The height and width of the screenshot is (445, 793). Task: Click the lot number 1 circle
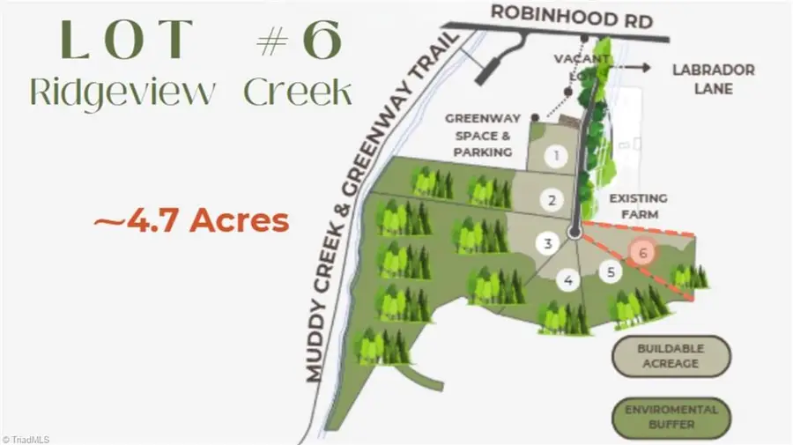pos(556,157)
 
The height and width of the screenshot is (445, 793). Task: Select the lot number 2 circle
pos(552,200)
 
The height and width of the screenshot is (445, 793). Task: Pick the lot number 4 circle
pos(568,281)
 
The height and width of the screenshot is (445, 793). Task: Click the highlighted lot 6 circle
pos(643,252)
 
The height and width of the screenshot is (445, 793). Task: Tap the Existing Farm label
pos(637,206)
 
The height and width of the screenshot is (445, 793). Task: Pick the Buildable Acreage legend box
pos(672,356)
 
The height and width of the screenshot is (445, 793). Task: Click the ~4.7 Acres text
pos(191,220)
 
